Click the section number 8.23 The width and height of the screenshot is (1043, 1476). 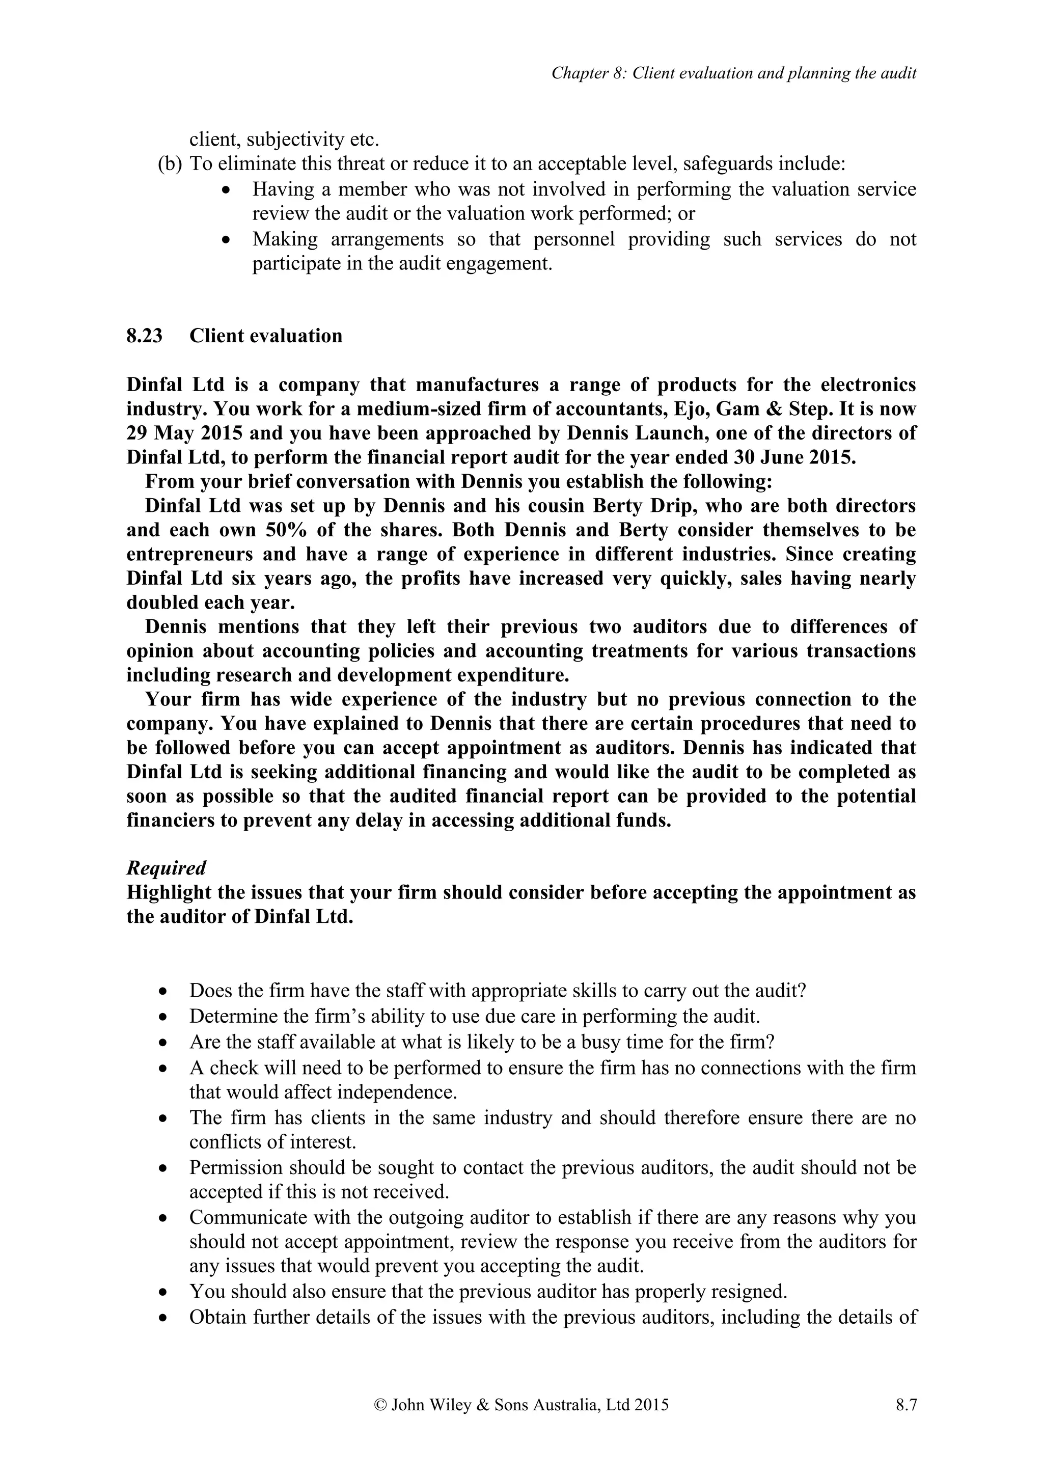click(x=144, y=336)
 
